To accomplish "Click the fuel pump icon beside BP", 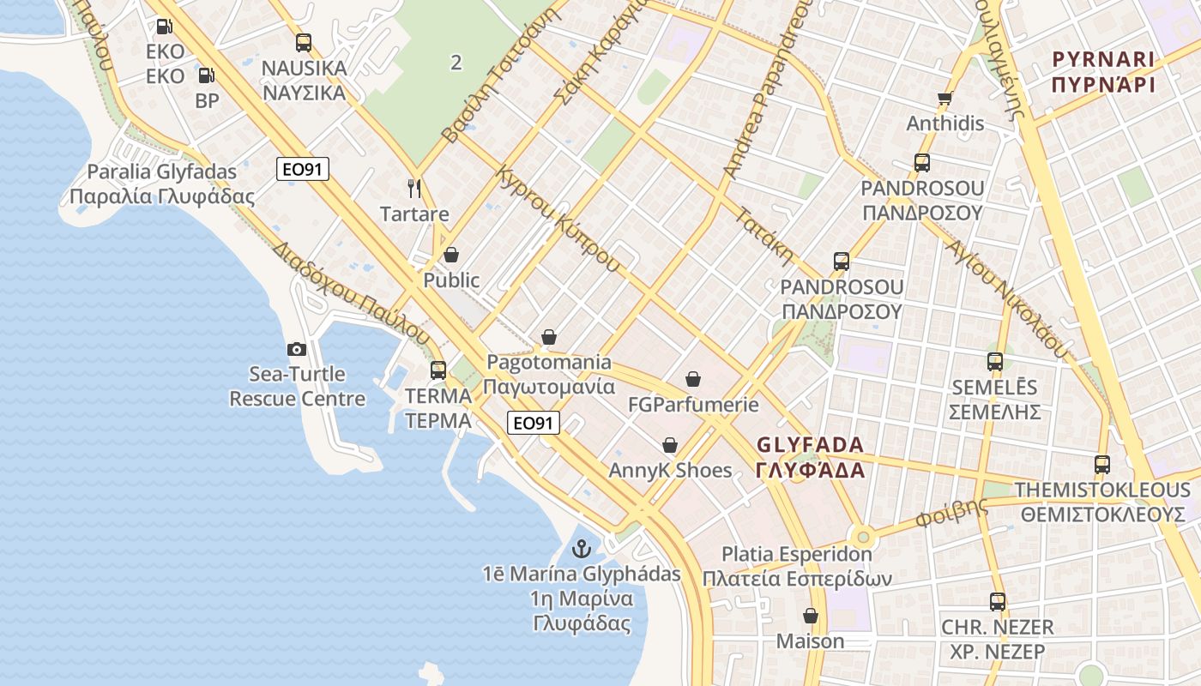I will (207, 75).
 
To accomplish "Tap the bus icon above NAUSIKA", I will (303, 42).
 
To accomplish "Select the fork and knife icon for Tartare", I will (414, 188).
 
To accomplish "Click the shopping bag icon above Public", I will (451, 255).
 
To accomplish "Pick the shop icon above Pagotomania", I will (549, 337).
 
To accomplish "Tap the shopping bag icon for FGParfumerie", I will (693, 378).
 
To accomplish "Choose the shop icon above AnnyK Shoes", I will (670, 445).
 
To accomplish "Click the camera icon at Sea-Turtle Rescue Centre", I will (297, 349).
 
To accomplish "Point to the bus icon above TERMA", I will (438, 370).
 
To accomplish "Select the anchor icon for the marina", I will (582, 548).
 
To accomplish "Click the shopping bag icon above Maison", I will (810, 616).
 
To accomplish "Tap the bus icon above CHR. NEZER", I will (997, 602).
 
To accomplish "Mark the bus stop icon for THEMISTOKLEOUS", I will (1102, 465).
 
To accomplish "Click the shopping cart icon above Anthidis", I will (945, 99).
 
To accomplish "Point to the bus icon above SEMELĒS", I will (995, 362).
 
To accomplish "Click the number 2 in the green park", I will (456, 62).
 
